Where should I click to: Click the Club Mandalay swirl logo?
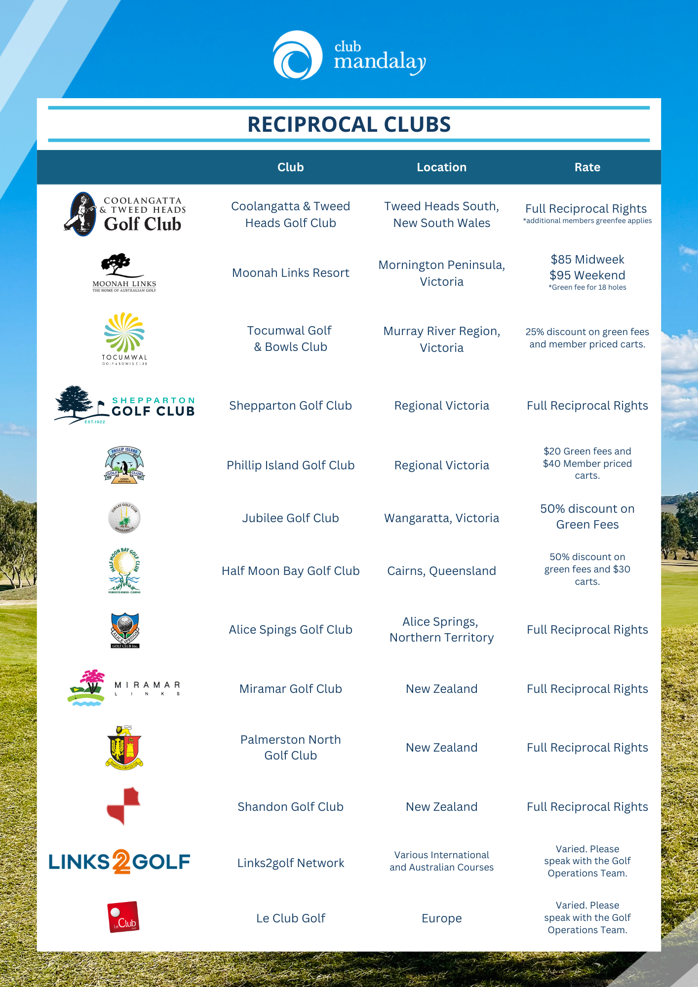point(298,55)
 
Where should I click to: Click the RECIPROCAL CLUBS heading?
point(349,124)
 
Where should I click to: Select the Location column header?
point(441,167)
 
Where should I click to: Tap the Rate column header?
point(587,167)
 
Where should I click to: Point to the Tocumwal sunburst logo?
point(124,332)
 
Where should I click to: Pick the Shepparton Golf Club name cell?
point(290,406)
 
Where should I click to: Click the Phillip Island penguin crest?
point(124,465)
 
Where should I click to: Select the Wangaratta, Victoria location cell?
point(441,518)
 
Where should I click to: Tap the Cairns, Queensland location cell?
point(441,571)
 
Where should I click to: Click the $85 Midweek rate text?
point(587,260)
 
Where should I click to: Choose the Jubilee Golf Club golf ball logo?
point(124,518)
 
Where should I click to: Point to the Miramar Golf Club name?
point(290,689)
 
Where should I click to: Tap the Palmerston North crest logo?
point(124,747)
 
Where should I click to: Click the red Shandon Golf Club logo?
point(124,806)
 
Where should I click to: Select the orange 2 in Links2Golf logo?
point(121,862)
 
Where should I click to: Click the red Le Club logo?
point(123,917)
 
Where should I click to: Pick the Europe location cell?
point(441,918)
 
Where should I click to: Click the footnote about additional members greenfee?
point(587,221)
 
